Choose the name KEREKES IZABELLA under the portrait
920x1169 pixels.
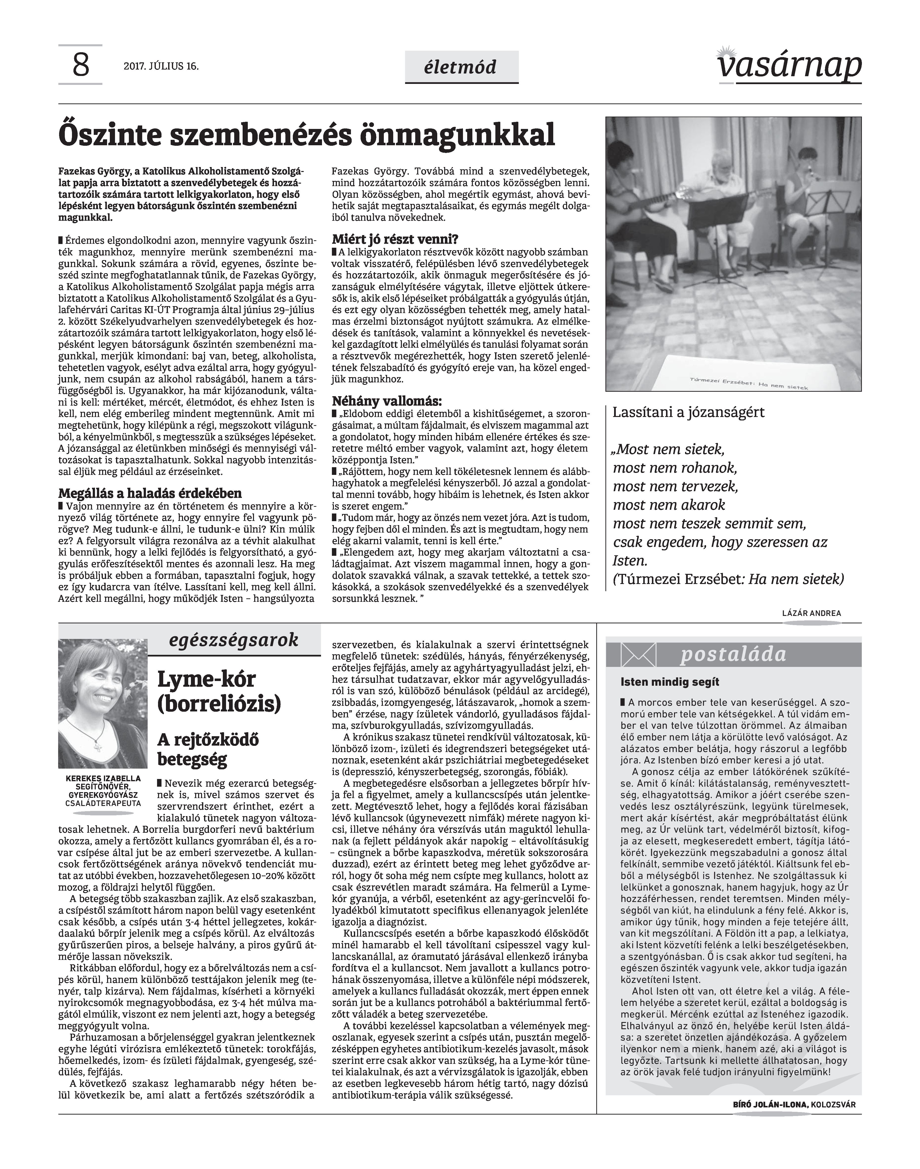(x=103, y=778)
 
